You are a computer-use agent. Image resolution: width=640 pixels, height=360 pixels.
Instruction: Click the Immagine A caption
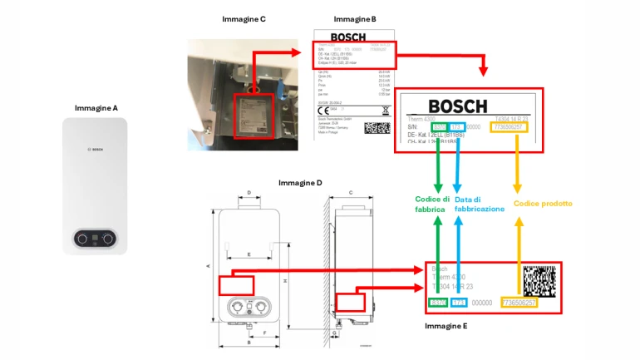[x=96, y=108]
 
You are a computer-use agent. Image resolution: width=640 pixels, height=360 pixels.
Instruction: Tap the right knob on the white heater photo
[x=109, y=239]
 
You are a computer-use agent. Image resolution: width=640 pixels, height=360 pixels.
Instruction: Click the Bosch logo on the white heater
[x=96, y=148]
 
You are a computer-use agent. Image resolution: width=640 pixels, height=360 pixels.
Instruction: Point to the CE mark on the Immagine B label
[x=321, y=110]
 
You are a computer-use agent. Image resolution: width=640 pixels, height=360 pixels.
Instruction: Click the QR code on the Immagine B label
[x=377, y=130]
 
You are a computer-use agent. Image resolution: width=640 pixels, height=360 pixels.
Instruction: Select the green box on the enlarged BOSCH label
[x=441, y=126]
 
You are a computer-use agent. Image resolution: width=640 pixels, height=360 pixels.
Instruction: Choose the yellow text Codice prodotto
[x=543, y=204]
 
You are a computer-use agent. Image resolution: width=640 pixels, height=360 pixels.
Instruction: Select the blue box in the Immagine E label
[x=459, y=303]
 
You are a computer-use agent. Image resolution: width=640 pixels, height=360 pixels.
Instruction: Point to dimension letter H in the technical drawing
[x=285, y=281]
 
